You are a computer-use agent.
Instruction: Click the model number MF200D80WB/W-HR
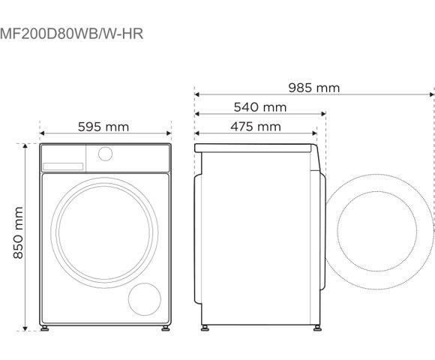pyautogui.click(x=72, y=33)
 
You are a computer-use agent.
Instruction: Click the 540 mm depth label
pyautogui.click(x=260, y=107)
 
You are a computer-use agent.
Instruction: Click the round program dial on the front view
pyautogui.click(x=105, y=154)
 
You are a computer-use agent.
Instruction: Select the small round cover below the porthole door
pyautogui.click(x=145, y=298)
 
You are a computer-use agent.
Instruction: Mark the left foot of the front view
pyautogui.click(x=46, y=328)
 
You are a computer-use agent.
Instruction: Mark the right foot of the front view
pyautogui.click(x=163, y=328)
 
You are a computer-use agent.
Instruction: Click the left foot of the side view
pyautogui.click(x=205, y=328)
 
